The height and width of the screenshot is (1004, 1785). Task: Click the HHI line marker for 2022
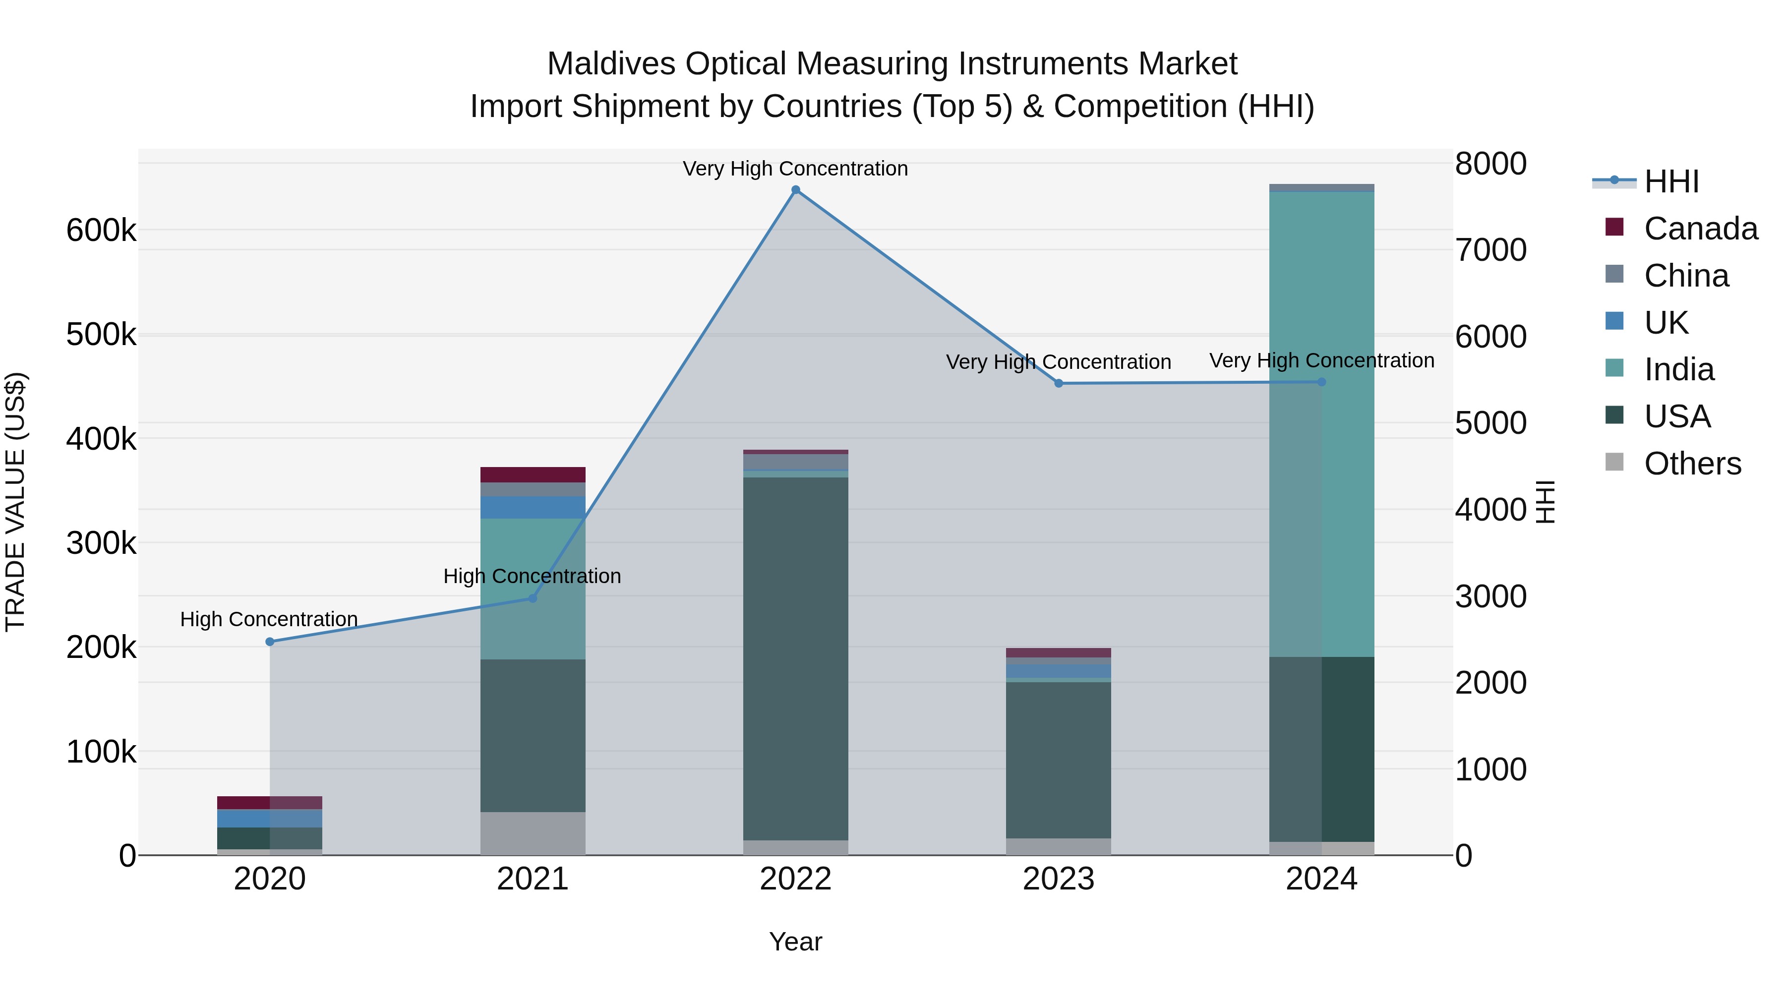(x=795, y=190)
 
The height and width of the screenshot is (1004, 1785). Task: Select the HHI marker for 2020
(x=270, y=642)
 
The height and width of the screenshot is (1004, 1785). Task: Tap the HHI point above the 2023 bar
(x=1058, y=383)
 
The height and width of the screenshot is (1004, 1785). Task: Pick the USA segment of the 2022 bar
(x=795, y=658)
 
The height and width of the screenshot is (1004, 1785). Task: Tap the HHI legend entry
(x=1670, y=181)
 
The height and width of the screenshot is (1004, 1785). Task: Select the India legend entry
(x=1678, y=369)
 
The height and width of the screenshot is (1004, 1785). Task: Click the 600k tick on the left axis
(x=101, y=230)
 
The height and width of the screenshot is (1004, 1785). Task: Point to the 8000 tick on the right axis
(x=1490, y=164)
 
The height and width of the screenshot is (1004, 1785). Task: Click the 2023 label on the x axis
(x=1058, y=879)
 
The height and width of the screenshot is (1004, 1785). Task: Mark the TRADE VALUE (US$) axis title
(x=15, y=502)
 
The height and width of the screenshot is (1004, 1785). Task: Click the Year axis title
(x=795, y=942)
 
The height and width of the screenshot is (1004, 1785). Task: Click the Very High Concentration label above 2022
(x=795, y=169)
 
